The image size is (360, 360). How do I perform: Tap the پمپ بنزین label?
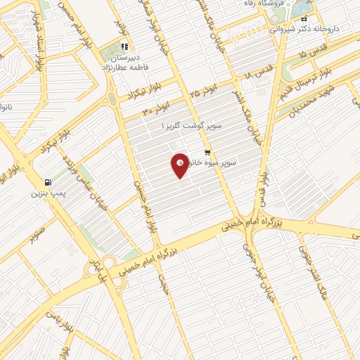click(48, 191)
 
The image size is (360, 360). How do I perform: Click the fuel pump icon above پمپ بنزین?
click(47, 179)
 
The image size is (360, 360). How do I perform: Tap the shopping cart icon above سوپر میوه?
click(207, 153)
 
